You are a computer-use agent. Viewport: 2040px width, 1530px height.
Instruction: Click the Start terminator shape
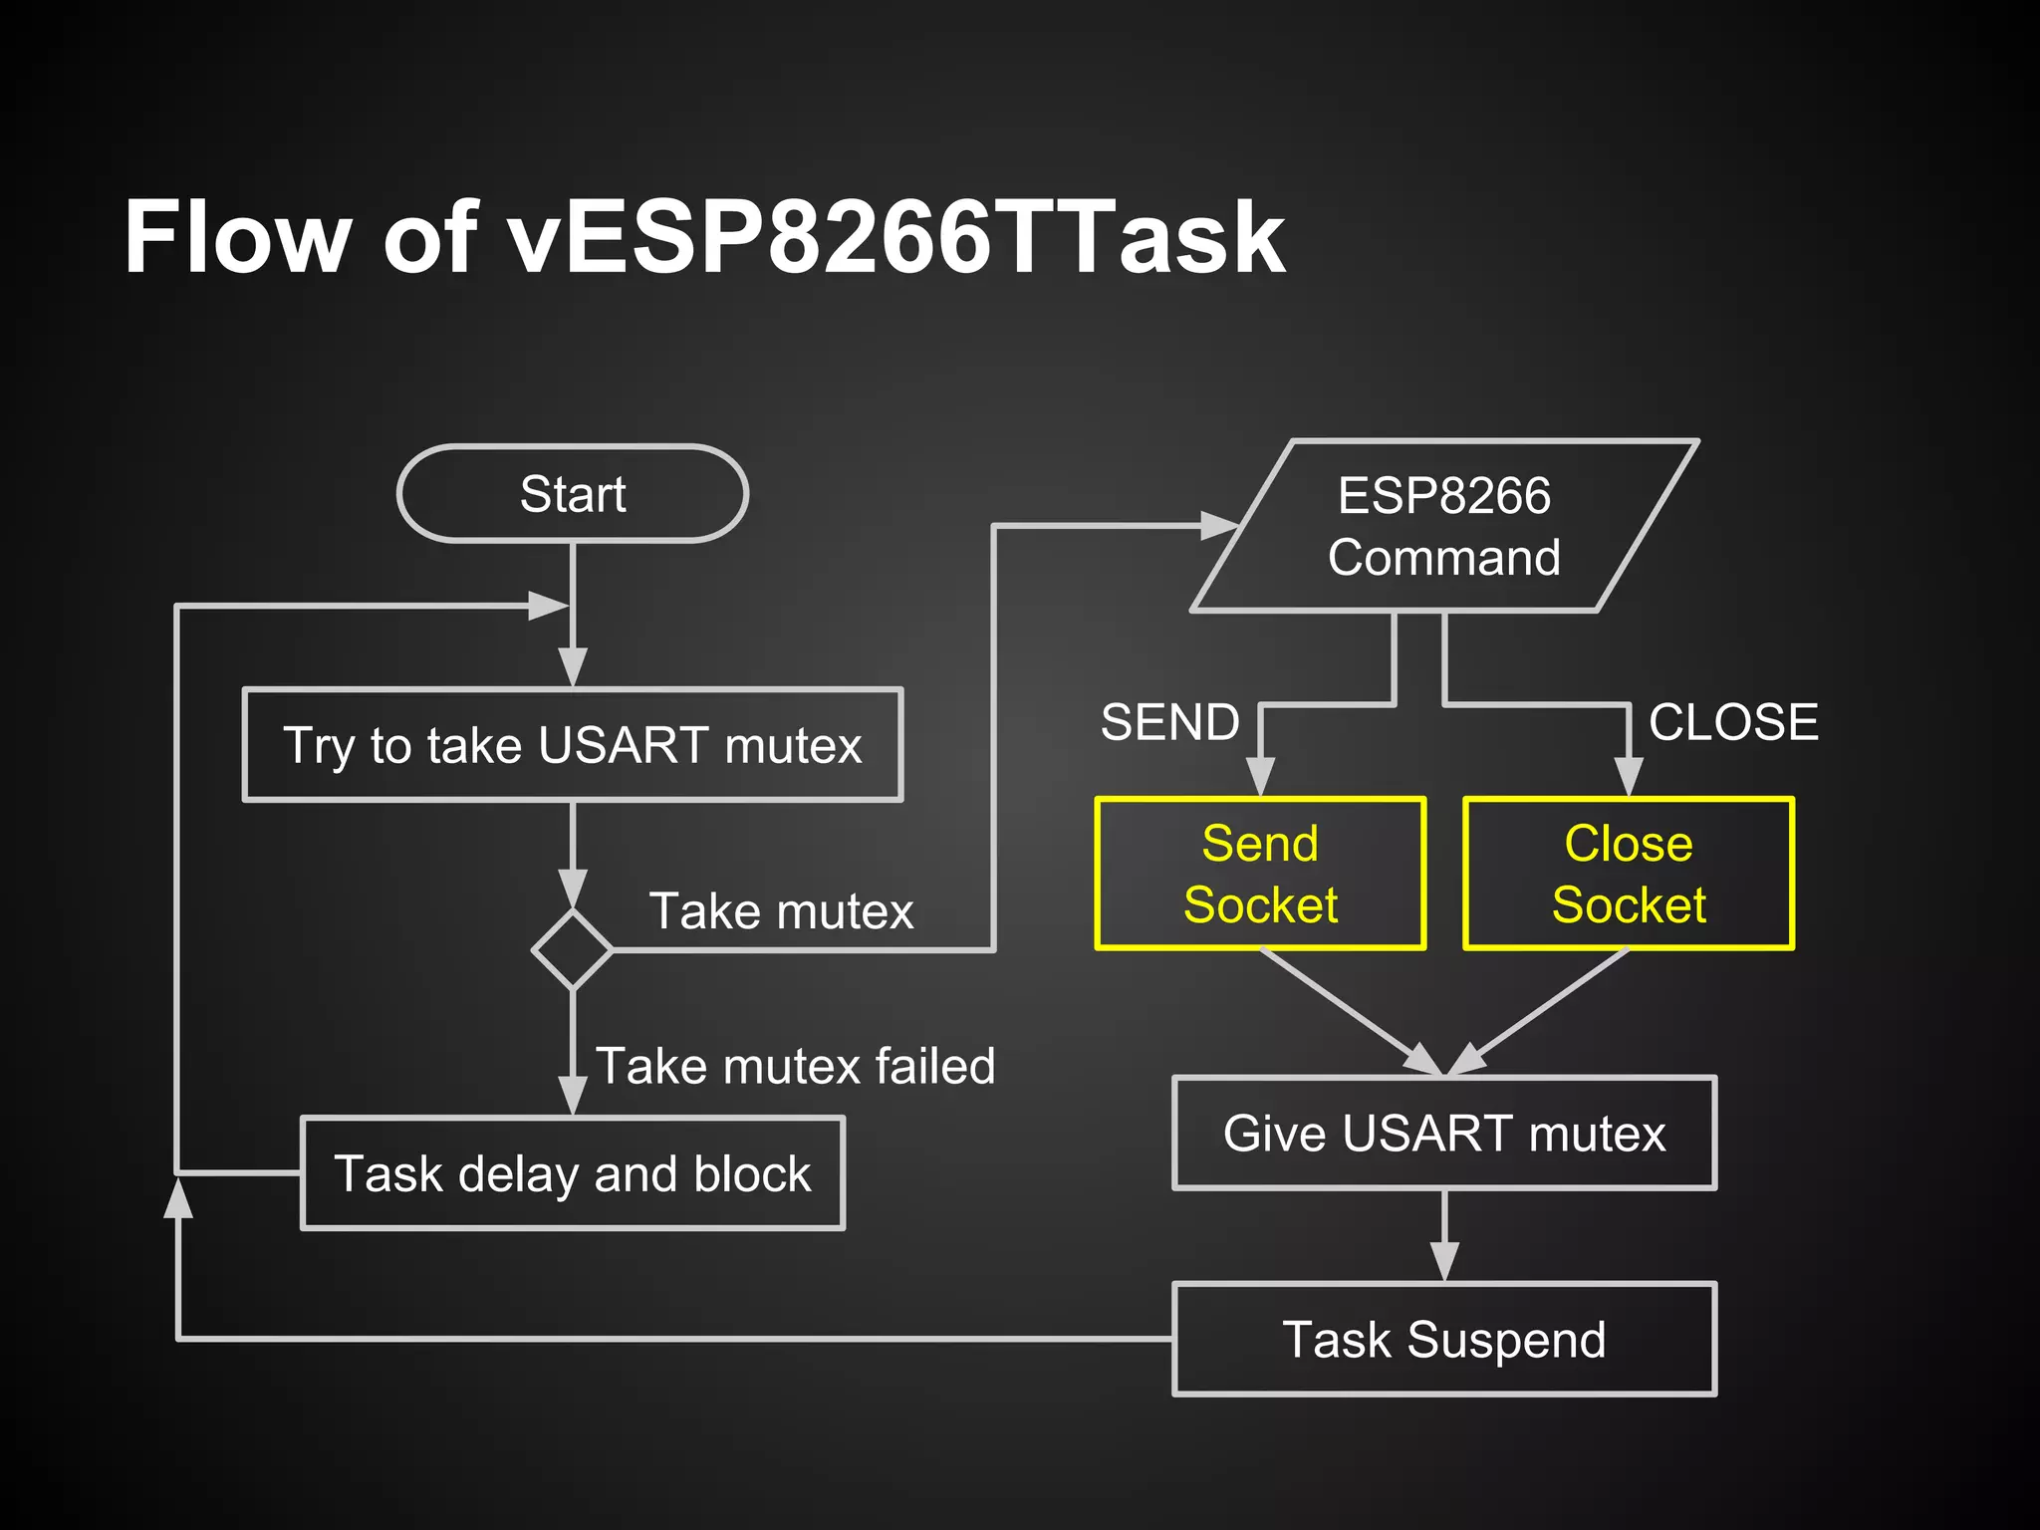(573, 494)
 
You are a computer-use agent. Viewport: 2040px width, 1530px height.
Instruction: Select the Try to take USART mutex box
(573, 745)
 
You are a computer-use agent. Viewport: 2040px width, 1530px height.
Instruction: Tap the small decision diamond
(573, 949)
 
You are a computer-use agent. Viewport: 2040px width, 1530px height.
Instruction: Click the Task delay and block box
(573, 1173)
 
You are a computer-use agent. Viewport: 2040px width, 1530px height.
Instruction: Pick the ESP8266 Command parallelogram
(1444, 526)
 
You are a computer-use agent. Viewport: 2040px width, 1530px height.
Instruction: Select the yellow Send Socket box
(1260, 874)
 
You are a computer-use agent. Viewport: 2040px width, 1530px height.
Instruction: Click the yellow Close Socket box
(1629, 874)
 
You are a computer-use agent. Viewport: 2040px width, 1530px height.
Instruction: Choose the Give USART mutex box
(1444, 1134)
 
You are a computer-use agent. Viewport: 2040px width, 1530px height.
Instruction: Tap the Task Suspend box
(1444, 1340)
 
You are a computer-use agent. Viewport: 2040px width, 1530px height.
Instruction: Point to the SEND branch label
(1170, 722)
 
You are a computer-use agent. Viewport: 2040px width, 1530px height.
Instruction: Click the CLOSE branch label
(1733, 722)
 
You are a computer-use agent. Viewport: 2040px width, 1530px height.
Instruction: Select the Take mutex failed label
(795, 1066)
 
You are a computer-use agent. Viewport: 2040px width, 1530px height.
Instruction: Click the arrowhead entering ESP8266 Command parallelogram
(1220, 526)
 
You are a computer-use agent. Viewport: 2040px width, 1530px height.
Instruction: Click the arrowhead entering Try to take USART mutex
(573, 667)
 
